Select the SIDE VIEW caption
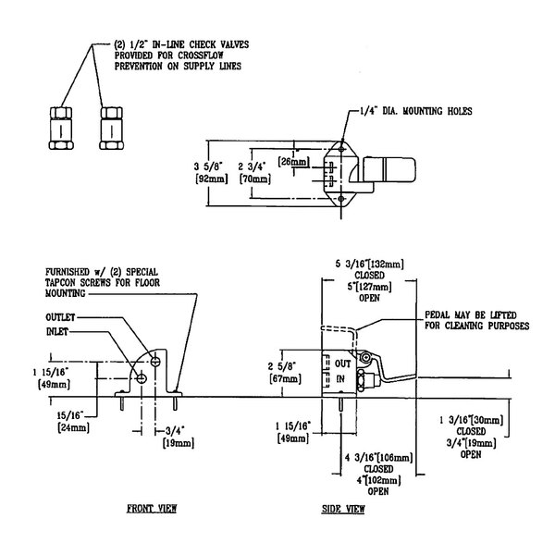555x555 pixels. coord(343,509)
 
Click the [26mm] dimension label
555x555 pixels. coord(294,161)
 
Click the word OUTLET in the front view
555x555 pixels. coord(64,316)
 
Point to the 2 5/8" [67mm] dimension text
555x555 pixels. coord(283,371)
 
